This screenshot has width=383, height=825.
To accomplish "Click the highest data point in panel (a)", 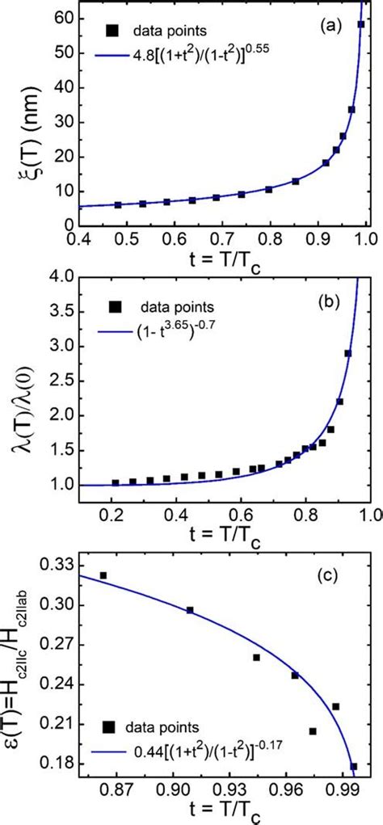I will click(x=361, y=24).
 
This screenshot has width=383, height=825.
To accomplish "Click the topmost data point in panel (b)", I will click(x=348, y=353).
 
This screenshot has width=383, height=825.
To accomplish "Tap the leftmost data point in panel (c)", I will click(x=103, y=575).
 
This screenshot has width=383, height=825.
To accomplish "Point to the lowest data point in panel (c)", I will click(x=353, y=766).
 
